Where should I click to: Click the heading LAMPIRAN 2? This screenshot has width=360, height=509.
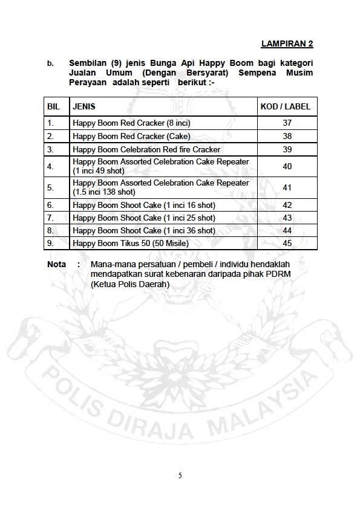[287, 44]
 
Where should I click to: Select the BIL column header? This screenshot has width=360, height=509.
[54, 106]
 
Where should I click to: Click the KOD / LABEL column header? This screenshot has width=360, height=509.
[285, 106]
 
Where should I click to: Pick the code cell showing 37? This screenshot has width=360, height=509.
[287, 123]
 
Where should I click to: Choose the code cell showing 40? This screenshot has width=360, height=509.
[287, 166]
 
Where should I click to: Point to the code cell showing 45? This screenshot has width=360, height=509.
[287, 243]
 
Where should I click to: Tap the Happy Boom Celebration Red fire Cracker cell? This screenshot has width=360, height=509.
[146, 149]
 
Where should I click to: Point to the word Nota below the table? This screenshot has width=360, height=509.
[57, 264]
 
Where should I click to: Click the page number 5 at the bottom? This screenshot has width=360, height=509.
[180, 475]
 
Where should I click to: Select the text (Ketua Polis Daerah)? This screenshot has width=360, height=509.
[129, 285]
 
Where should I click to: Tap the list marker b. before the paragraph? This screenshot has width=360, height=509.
[51, 63]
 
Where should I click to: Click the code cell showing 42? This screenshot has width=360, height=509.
[287, 205]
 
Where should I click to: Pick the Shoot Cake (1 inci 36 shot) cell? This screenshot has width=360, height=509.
[143, 230]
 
